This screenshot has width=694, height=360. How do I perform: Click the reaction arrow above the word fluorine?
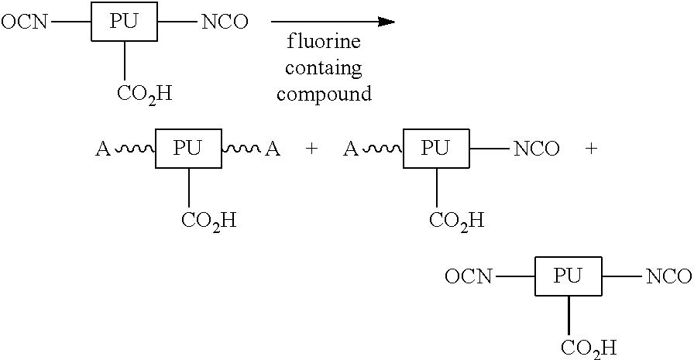333,22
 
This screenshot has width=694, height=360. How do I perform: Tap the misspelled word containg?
323,69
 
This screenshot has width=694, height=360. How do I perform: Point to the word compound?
324,94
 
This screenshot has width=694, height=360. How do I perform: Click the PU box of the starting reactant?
125,22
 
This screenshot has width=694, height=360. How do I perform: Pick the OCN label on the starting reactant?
24,22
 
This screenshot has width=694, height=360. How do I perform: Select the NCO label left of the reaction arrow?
225,22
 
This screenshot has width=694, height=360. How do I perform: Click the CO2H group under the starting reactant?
144,94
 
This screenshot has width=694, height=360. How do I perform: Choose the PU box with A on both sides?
188,149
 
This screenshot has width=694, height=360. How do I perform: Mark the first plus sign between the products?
311,149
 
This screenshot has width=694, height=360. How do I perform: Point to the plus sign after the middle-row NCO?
591,149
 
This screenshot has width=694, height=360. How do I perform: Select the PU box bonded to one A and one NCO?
436,149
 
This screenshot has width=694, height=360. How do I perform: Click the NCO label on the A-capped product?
536,149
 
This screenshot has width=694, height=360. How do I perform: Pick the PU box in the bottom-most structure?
569,276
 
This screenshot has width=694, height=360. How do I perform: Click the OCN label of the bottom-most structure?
469,276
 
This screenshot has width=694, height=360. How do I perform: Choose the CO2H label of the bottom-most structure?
589,348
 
